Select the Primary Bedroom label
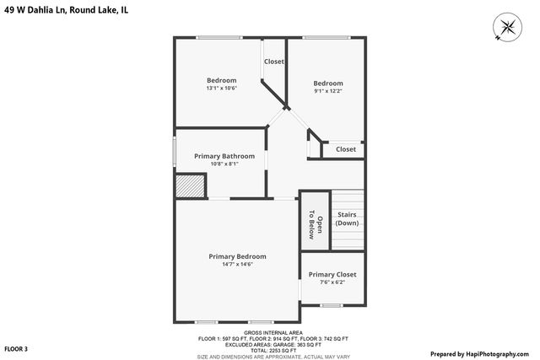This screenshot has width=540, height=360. point(237,256)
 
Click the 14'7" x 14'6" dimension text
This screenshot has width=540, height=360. point(237,265)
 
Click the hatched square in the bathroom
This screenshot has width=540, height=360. point(192,185)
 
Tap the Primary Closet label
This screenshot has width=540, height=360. point(332,275)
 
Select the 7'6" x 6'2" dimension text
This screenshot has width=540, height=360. point(332,283)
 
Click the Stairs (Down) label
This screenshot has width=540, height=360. point(347,219)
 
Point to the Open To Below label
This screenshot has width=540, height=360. point(309,223)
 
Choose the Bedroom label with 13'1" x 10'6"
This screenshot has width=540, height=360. point(221,80)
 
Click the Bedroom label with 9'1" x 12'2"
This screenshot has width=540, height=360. point(328,83)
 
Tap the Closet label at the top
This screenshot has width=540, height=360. point(274,62)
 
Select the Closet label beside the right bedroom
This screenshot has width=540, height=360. point(346,149)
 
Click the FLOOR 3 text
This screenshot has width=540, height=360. point(16,348)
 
